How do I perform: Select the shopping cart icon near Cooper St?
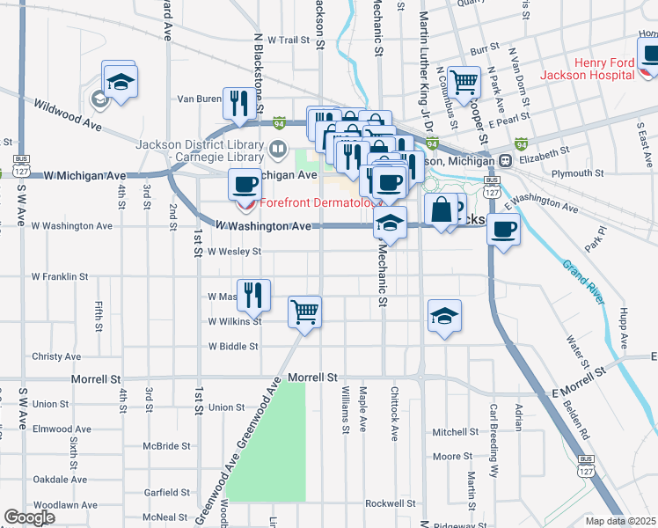point(463,83)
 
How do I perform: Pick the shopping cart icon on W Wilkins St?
point(304,311)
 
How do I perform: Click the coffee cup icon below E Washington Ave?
point(503,230)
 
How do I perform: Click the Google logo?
point(29,517)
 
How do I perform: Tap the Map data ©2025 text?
point(620,521)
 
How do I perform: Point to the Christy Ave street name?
point(56,356)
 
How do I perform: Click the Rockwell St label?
point(390,503)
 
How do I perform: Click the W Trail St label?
point(289,40)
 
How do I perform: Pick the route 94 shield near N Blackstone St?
point(279,122)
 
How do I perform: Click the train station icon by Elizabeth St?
point(506,161)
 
